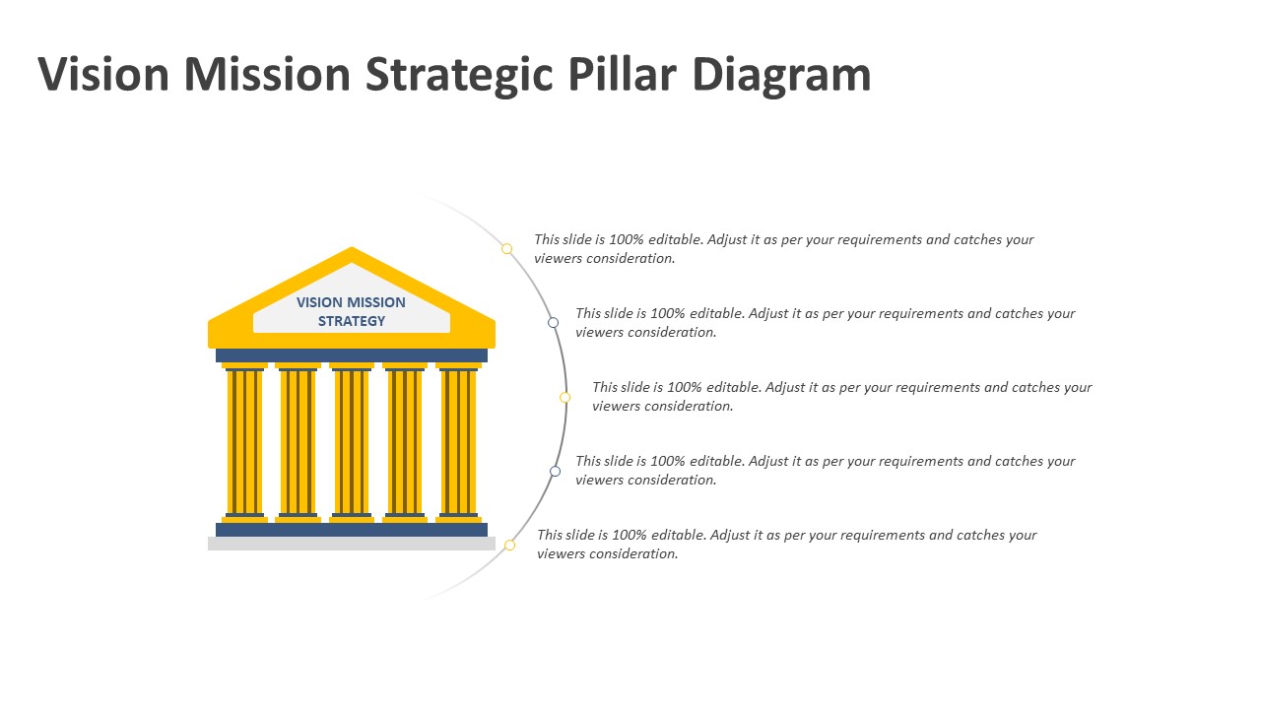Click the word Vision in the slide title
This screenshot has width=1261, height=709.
pos(103,74)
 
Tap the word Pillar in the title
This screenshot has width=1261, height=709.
pos(622,74)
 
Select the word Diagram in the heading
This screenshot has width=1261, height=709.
pos(782,77)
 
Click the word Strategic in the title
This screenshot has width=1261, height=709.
pos(459,77)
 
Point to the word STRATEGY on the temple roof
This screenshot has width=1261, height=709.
pos(352,321)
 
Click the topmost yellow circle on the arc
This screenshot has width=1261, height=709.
pos(506,249)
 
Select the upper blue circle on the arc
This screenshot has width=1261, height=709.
pos(554,322)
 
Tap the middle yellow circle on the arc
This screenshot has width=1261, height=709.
pos(564,397)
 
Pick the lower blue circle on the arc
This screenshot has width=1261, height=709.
pos(555,471)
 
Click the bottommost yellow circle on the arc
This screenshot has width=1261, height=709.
pos(509,545)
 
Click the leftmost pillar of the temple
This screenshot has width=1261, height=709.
pos(244,443)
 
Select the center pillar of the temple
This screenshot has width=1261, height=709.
pos(352,443)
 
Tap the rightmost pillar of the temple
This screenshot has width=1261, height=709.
pos(458,443)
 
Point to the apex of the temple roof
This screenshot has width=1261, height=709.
pos(352,247)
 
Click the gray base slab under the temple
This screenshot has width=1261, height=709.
pos(352,544)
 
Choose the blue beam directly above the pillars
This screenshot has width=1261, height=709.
pos(352,355)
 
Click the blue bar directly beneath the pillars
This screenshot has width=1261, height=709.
pos(352,530)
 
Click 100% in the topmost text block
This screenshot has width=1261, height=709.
pos(626,239)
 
